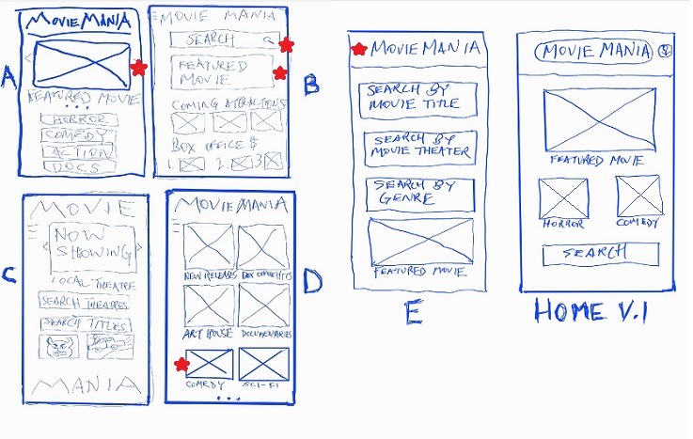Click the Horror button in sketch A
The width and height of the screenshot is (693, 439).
[79, 120]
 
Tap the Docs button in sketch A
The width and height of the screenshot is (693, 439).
[79, 167]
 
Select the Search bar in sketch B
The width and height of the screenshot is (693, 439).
[222, 40]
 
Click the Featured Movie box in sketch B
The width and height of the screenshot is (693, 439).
[222, 72]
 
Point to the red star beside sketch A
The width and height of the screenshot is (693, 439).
[138, 68]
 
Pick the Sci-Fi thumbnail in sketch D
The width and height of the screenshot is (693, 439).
[262, 363]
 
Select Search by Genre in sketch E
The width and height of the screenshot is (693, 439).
[419, 194]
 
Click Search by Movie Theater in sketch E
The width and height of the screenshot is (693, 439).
[419, 147]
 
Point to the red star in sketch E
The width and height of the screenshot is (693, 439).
[358, 50]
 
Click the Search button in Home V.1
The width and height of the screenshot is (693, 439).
[599, 254]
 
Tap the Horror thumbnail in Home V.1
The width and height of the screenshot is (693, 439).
[563, 197]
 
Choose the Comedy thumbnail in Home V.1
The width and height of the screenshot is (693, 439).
[639, 196]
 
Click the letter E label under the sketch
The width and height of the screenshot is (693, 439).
[412, 312]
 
